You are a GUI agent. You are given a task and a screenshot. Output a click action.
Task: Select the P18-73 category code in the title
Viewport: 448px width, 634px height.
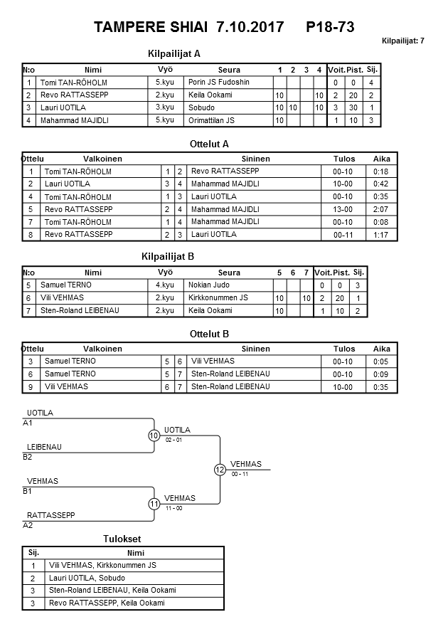coord(330,28)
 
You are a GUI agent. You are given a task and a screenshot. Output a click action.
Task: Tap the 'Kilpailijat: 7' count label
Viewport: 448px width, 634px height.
coord(403,41)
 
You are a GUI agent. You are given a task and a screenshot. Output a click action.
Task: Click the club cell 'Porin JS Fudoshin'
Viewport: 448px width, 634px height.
coord(219,83)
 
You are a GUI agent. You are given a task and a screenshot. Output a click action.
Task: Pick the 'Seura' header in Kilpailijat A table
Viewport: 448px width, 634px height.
coord(229,70)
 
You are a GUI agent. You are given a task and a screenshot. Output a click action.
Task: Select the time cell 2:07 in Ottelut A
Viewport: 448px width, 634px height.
coord(381,209)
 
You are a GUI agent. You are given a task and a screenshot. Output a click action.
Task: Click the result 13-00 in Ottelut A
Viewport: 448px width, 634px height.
coord(343,209)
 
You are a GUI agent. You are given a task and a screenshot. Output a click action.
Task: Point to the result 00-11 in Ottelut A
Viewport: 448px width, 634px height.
coord(343,235)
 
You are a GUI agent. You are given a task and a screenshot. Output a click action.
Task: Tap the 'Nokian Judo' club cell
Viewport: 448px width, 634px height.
coord(208,285)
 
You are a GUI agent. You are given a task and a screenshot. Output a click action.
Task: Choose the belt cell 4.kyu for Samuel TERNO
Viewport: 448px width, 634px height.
coord(165,285)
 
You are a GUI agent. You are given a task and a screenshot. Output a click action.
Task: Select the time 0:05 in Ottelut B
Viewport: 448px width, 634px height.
coord(381,361)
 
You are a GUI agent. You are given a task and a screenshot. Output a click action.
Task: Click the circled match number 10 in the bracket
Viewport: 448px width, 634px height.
coord(154,435)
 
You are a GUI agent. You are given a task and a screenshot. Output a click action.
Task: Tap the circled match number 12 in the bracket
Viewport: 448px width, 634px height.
coord(220,470)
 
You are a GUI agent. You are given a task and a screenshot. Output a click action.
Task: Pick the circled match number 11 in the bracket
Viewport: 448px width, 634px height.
coord(154,504)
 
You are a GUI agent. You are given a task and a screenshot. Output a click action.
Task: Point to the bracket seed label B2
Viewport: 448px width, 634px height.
coord(28,457)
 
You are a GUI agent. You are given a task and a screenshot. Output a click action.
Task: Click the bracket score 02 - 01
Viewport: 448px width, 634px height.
coord(174,440)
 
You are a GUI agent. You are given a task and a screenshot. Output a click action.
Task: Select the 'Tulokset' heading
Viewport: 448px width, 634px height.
coord(123,539)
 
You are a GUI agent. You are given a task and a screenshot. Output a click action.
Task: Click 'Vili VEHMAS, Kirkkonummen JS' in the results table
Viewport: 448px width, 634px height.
coord(102,565)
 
